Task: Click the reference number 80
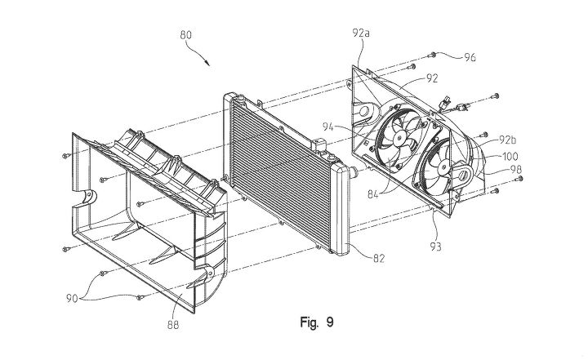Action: (185, 35)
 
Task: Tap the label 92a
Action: (361, 33)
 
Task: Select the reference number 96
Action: (470, 57)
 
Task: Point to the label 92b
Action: (507, 140)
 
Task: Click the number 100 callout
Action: (510, 156)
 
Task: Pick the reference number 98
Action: (515, 170)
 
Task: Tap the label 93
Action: (435, 247)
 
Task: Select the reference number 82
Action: (379, 258)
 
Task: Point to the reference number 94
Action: (327, 127)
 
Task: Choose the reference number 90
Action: (72, 299)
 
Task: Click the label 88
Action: (173, 325)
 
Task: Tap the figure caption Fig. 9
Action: (317, 322)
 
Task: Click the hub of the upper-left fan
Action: (399, 138)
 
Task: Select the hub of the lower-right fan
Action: (443, 167)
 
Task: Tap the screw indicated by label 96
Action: (432, 55)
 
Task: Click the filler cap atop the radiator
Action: (318, 144)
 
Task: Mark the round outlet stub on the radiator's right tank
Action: (353, 173)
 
